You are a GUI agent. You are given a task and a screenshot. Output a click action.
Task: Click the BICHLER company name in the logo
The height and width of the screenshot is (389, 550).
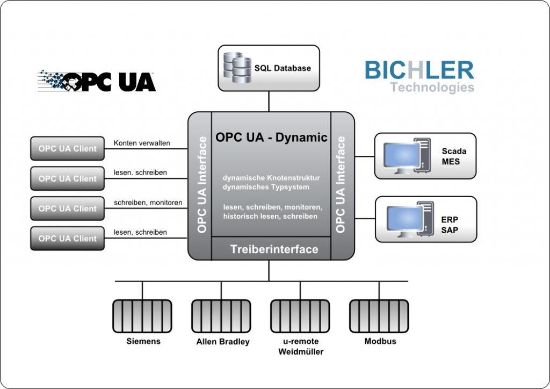click(x=419, y=70)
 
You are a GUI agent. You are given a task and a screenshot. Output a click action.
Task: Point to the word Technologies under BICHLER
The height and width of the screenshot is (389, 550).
click(x=432, y=87)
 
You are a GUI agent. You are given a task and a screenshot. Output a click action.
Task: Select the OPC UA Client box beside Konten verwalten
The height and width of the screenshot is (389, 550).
click(x=67, y=149)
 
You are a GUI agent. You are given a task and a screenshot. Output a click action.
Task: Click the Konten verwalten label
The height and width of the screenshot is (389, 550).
click(x=142, y=143)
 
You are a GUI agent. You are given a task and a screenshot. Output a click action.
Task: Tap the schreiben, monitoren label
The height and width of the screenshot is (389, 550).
click(x=148, y=203)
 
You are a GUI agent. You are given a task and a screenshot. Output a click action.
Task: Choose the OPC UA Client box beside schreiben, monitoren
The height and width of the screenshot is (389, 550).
click(x=67, y=208)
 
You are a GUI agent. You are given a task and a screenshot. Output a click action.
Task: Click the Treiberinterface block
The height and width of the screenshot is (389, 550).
click(x=274, y=249)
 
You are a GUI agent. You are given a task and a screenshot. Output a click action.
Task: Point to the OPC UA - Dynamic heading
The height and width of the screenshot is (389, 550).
click(x=271, y=138)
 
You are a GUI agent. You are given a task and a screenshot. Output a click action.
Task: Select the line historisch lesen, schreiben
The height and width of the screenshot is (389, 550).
click(x=270, y=216)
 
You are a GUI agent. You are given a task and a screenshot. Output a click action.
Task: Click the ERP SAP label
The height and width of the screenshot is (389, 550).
click(x=450, y=225)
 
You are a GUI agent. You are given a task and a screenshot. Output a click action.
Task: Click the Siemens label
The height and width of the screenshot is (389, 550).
click(x=143, y=341)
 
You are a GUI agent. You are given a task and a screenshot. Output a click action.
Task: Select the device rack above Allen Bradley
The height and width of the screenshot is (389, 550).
click(x=221, y=316)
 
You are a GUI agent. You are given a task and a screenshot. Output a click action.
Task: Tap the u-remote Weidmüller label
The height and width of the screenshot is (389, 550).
click(x=301, y=347)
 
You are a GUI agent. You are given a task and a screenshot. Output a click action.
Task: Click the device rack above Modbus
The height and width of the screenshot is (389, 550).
click(x=379, y=316)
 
